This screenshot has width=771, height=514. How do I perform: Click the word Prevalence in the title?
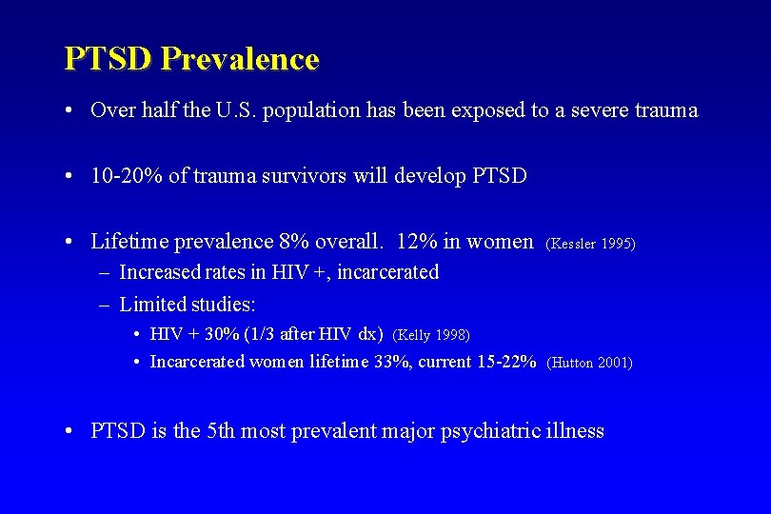click(240, 59)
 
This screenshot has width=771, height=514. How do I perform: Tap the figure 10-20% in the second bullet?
click(127, 176)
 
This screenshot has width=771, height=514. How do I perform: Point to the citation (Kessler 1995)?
click(590, 244)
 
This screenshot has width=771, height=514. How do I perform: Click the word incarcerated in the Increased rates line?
click(387, 272)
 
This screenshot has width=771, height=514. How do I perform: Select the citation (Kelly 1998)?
click(431, 334)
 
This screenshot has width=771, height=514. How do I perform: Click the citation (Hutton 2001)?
click(590, 362)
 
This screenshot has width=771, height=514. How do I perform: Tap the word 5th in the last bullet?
click(215, 431)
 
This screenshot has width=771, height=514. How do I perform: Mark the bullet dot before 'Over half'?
click(72, 110)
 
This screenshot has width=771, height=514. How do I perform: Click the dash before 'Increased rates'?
click(103, 272)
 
